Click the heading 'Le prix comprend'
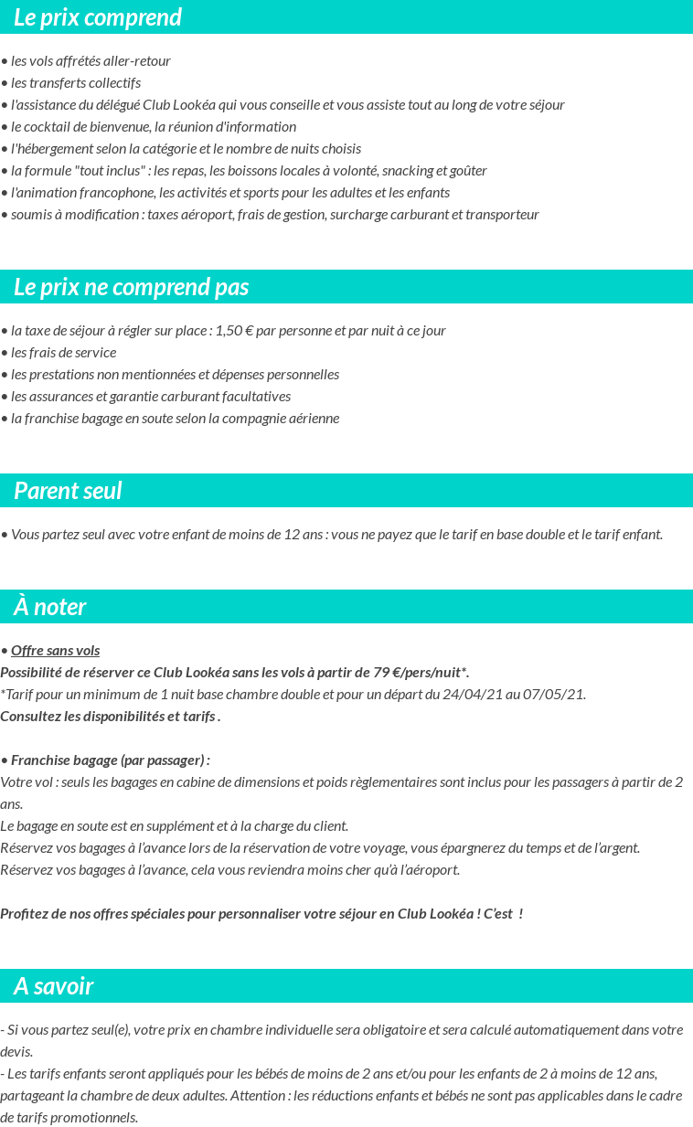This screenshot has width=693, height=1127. pos(98,17)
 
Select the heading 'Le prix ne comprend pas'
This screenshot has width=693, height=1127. pos(131,287)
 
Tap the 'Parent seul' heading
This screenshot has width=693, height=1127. pos(68,491)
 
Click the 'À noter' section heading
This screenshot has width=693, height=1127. pos(50,607)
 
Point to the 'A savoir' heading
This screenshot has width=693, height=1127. pos(53,986)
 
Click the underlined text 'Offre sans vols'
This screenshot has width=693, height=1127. pos(55,651)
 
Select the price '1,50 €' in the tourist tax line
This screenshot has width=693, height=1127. pos(234,331)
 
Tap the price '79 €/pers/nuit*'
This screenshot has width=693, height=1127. pos(421,673)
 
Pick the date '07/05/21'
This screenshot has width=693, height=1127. pos(555,695)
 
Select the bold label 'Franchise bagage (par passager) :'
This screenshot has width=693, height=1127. pos(110,760)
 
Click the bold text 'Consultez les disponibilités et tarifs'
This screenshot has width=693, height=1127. pos(108,717)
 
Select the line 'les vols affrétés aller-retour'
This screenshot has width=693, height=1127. pos(91,61)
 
